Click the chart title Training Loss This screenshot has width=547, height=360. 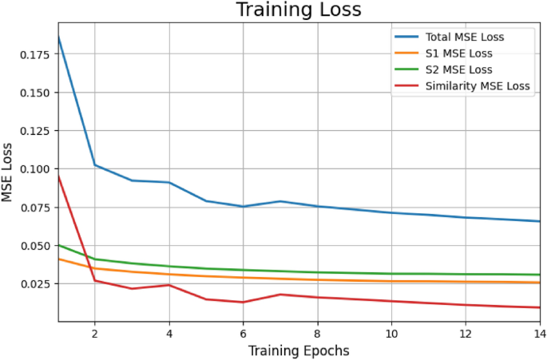point(298,10)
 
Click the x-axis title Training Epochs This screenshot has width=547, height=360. point(298,350)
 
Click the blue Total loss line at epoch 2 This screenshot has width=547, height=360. point(95,165)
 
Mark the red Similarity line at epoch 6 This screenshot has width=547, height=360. point(243,302)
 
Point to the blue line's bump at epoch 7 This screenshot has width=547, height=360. point(280,201)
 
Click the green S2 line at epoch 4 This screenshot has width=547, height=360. point(168,267)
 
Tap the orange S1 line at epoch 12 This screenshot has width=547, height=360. point(466,282)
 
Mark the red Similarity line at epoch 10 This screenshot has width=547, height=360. point(391,301)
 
